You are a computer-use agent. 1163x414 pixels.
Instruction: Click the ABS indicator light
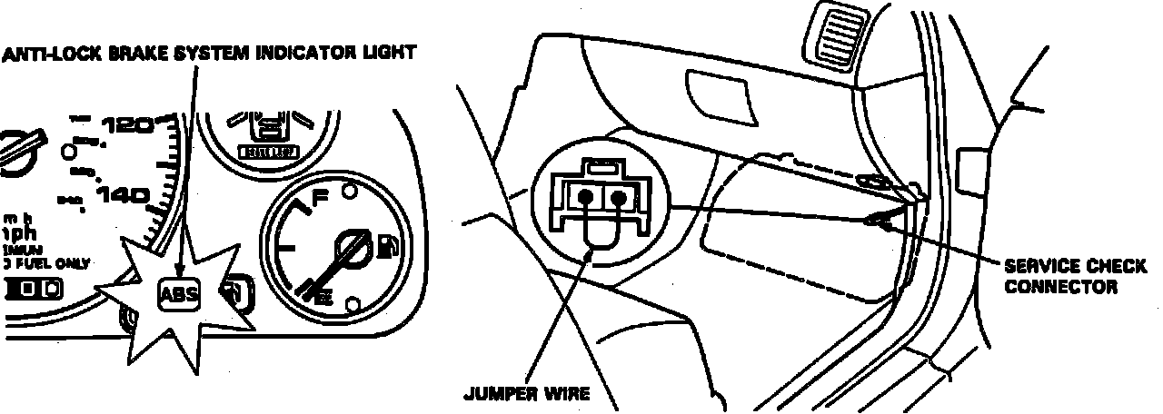pyautogui.click(x=177, y=295)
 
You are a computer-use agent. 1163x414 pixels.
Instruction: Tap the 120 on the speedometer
pyautogui.click(x=128, y=126)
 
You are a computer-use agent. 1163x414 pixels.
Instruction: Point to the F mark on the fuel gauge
pyautogui.click(x=320, y=197)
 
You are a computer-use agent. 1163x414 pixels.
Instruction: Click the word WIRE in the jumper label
pyautogui.click(x=570, y=394)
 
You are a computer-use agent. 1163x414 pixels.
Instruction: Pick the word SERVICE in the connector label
pyautogui.click(x=1034, y=266)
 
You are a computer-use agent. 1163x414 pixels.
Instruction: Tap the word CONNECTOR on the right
pyautogui.click(x=1060, y=287)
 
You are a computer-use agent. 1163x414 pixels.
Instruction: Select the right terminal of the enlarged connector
pyautogui.click(x=619, y=196)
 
